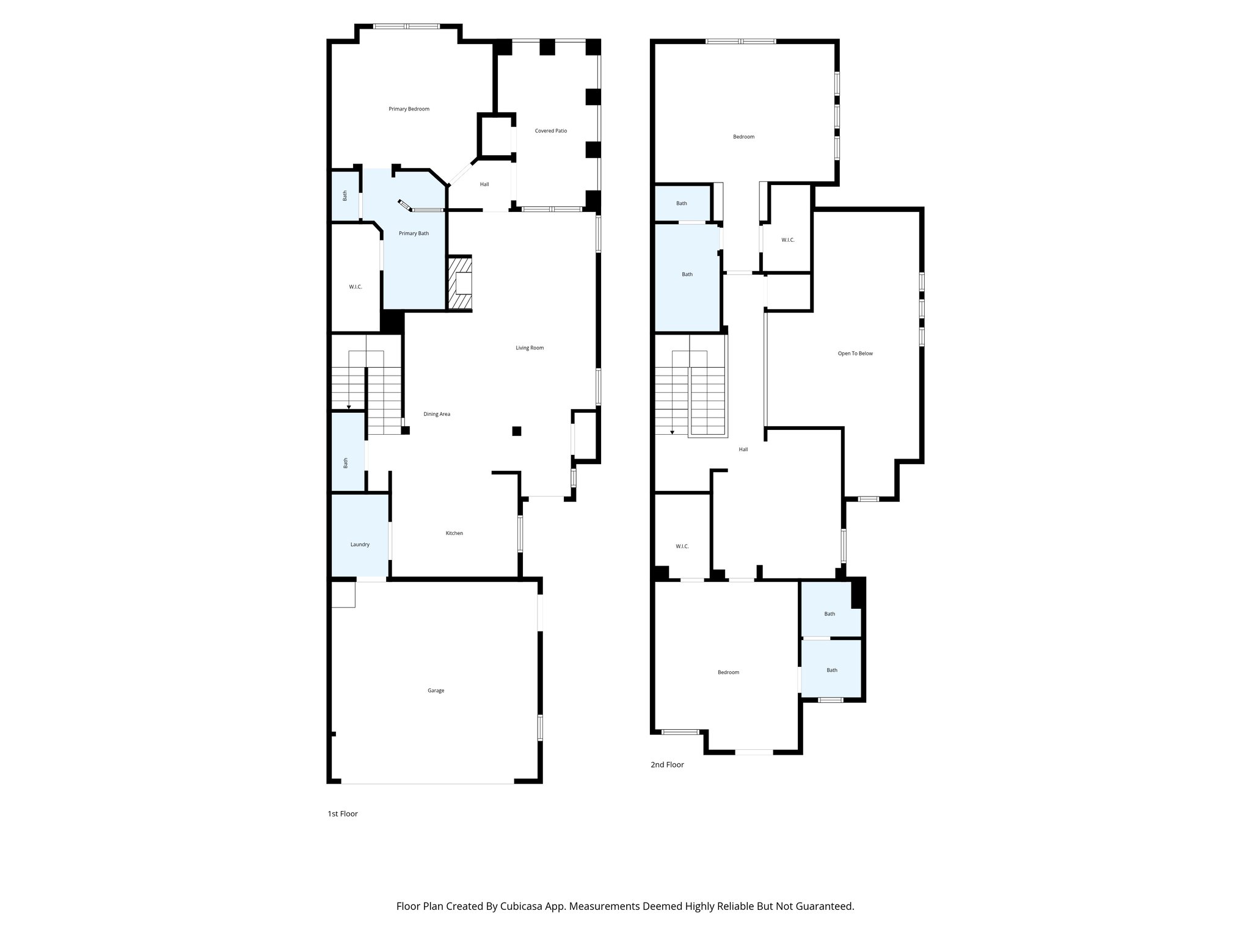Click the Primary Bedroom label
coord(409,109)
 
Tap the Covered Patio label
coord(550,131)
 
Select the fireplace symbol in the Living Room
coord(461,283)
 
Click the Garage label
coord(436,691)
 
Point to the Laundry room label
coord(360,545)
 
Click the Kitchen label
coord(454,533)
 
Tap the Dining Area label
coord(437,414)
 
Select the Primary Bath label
coord(414,233)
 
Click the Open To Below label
coord(855,354)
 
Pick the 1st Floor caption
coord(343,813)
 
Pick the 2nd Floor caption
coord(667,765)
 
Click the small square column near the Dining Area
coord(517,431)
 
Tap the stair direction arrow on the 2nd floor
coord(672,431)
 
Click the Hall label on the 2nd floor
coord(743,449)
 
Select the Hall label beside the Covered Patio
coord(484,184)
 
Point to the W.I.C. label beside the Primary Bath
coord(356,287)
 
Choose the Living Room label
coord(530,348)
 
